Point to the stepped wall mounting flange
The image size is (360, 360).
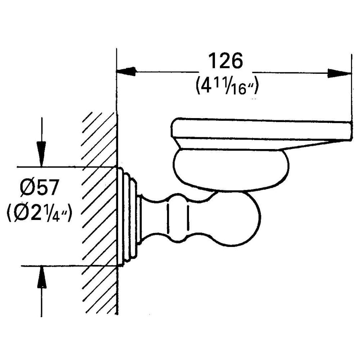pyautogui.click(x=128, y=216)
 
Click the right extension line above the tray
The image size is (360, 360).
pyautogui.click(x=351, y=90)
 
